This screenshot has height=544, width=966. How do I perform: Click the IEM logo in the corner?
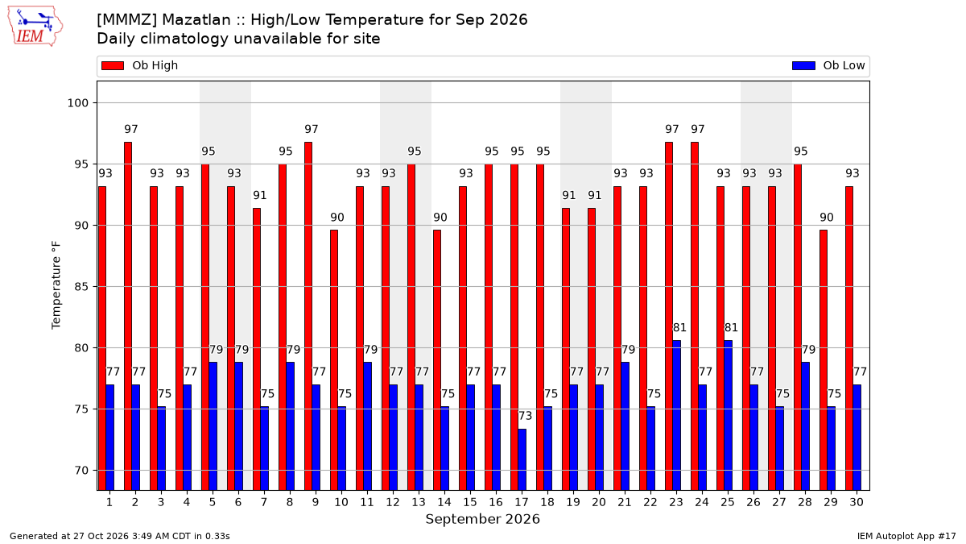35,26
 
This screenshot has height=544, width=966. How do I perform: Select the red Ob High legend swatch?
113,65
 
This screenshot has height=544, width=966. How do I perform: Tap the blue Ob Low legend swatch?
803,65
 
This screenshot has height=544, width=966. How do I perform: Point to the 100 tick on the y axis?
77,103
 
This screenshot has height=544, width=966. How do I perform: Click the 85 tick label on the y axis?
81,287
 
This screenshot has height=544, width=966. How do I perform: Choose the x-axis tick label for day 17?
522,503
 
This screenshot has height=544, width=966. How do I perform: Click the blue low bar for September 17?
522,460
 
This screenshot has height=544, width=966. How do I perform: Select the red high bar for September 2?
128,317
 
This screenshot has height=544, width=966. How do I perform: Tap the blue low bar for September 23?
677,415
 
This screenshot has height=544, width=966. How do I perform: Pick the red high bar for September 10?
334,360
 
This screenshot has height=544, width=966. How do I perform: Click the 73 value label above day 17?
525,416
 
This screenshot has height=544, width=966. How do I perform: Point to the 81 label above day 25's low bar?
731,328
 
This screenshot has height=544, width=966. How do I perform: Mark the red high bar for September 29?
824,360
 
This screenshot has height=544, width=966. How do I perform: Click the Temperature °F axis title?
56,285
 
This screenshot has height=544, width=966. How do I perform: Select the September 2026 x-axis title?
482,519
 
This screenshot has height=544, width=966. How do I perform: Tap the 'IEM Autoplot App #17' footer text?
906,536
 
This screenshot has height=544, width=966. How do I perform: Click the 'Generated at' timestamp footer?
120,536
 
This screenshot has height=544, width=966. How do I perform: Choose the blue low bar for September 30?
857,438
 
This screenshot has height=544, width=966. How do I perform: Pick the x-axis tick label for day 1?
109,503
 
